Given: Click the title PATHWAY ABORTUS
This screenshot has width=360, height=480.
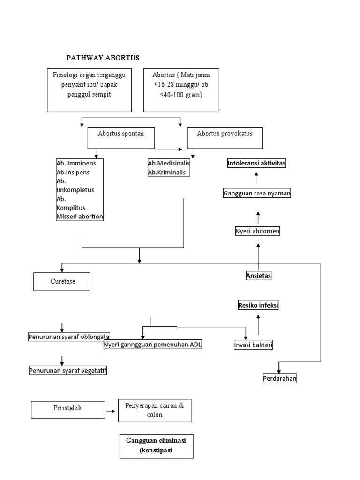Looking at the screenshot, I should pyautogui.click(x=103, y=58).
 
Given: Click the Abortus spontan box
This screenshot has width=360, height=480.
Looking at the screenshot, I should pyautogui.click(x=121, y=137).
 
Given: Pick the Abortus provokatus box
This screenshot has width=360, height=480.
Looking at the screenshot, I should pyautogui.click(x=225, y=137).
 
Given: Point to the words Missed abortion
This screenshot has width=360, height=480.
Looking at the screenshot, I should pyautogui.click(x=79, y=216).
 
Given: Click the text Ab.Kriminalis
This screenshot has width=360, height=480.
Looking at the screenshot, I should pyautogui.click(x=166, y=172).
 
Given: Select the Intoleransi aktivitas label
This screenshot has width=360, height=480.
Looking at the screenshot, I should pyautogui.click(x=256, y=163).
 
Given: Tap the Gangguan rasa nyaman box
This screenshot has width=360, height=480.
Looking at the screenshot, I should pyautogui.click(x=256, y=193).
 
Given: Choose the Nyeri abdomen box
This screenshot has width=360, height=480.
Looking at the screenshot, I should pyautogui.click(x=257, y=231).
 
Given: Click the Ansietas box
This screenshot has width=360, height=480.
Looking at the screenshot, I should pyautogui.click(x=259, y=276).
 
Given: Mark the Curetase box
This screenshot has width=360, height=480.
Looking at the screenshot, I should pyautogui.click(x=62, y=282).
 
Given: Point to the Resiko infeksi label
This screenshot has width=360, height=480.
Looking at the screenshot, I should pyautogui.click(x=258, y=306).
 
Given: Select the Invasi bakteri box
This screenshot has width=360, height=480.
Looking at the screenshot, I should pyautogui.click(x=254, y=345).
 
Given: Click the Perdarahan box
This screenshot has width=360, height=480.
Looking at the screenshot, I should pyautogui.click(x=280, y=378).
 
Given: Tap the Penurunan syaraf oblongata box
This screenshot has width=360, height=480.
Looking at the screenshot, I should pyautogui.click(x=69, y=336).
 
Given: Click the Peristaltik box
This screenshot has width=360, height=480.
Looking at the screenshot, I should pyautogui.click(x=67, y=409).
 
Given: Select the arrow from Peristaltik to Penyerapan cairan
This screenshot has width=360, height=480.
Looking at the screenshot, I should pyautogui.click(x=111, y=411).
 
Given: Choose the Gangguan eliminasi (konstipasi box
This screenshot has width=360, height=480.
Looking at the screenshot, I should pyautogui.click(x=156, y=446).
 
